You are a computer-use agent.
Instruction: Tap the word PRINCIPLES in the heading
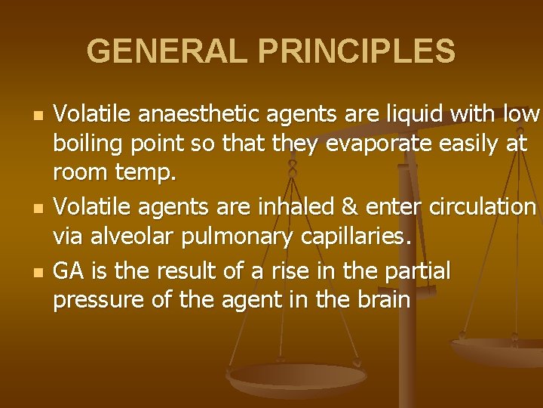pos(357,51)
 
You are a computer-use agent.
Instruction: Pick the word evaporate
pos(385,144)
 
